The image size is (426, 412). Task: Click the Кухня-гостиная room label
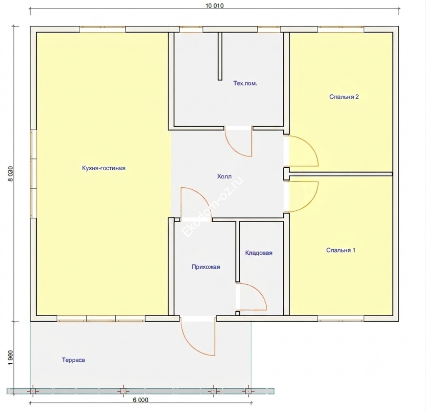coord(104,168)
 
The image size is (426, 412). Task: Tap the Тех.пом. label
coord(245,83)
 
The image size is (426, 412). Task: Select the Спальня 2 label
coord(344,97)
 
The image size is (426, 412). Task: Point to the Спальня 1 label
coord(341,250)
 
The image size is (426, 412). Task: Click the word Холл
coord(224,176)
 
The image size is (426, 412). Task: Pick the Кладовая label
coord(259,253)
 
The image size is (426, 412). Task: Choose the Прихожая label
coord(206,267)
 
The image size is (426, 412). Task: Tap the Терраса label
coord(73,360)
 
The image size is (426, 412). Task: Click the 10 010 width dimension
coord(215,6)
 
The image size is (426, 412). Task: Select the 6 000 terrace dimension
coord(141,400)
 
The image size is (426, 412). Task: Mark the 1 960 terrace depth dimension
coord(10,357)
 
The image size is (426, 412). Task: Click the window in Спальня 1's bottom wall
coord(341,318)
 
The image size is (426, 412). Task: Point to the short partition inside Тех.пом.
coord(220,56)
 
